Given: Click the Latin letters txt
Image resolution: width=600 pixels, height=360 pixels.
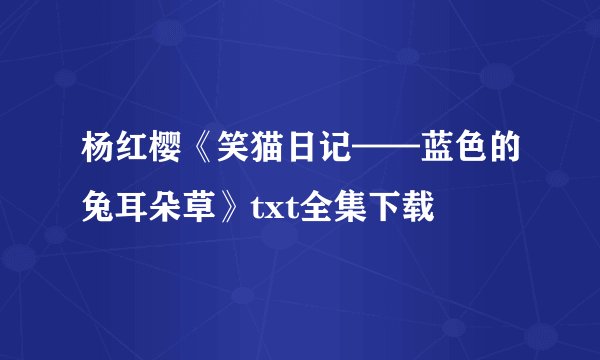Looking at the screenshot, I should tap(254, 209).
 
